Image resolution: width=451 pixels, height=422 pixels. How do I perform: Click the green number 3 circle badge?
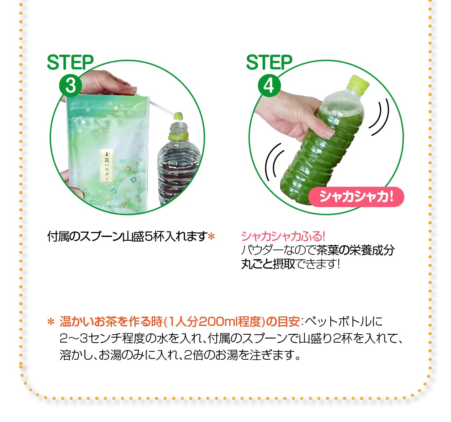coord(70,85)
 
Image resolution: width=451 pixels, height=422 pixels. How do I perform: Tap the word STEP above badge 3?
coord(70,63)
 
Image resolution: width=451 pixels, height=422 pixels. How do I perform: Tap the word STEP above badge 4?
coord(269,63)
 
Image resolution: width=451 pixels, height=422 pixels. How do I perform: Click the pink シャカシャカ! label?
coord(356,197)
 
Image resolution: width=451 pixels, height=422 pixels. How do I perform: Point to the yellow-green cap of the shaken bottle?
coord(359,85)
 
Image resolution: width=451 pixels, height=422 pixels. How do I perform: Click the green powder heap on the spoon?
coord(178,114)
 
